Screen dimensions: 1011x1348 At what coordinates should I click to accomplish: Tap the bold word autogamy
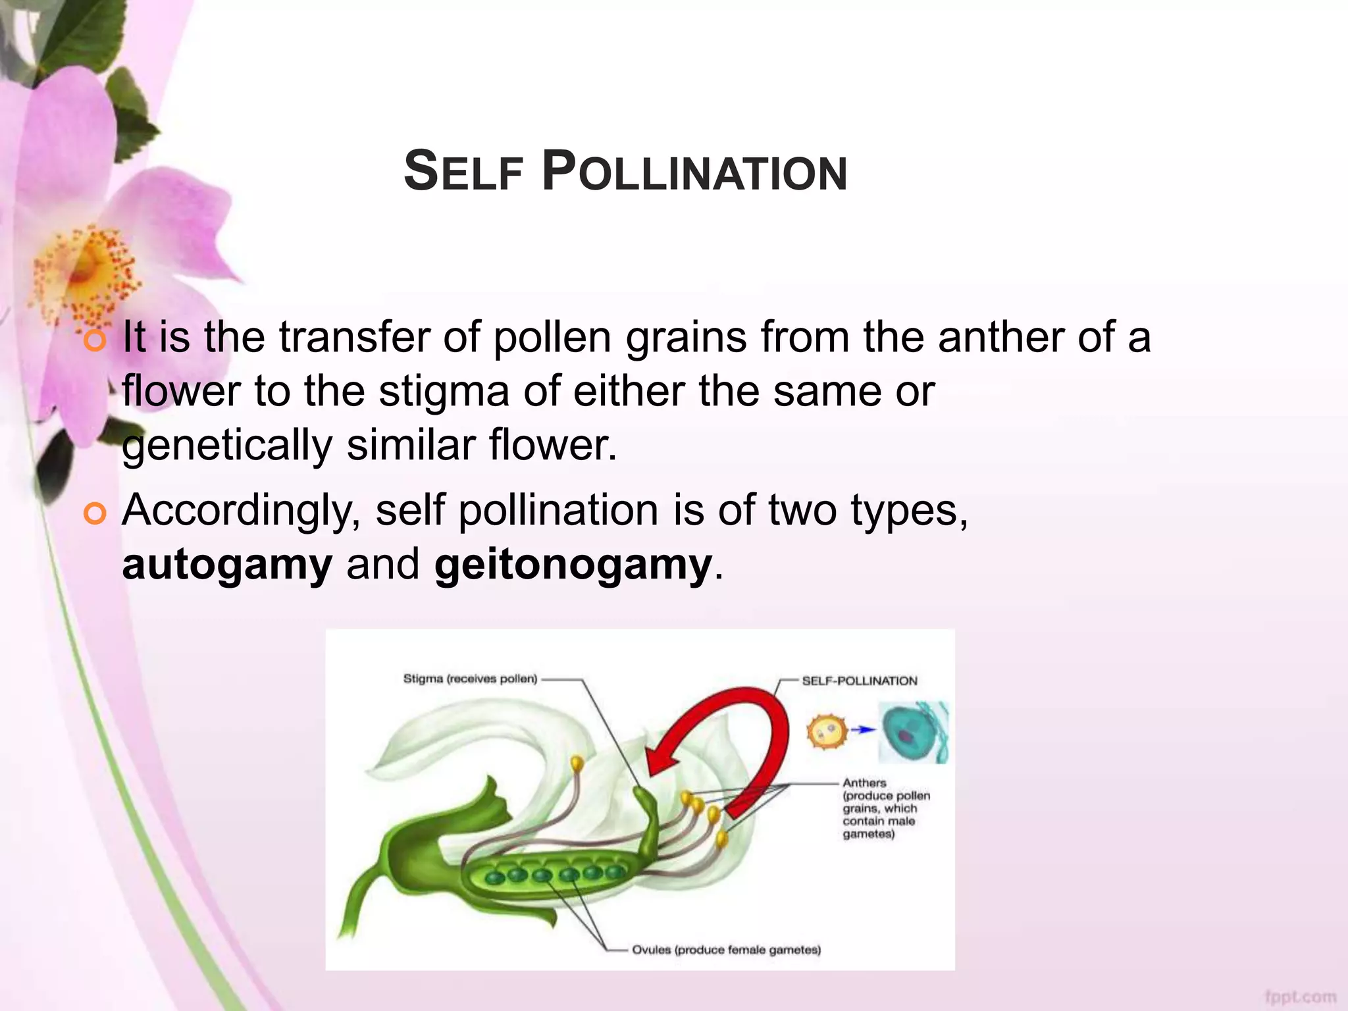[227, 565]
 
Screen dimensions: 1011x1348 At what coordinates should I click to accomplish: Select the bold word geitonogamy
[573, 565]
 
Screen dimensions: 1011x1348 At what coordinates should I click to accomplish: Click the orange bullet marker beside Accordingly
[95, 513]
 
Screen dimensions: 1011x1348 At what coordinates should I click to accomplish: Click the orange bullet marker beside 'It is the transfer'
[95, 340]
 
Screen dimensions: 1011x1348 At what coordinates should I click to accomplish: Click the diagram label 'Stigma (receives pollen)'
[470, 679]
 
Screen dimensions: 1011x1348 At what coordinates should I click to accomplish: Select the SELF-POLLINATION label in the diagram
[859, 681]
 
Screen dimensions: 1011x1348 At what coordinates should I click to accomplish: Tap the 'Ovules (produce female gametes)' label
[726, 950]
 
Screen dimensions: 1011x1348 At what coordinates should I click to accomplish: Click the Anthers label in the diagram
[864, 783]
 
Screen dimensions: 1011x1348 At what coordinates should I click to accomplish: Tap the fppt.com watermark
[1300, 997]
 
